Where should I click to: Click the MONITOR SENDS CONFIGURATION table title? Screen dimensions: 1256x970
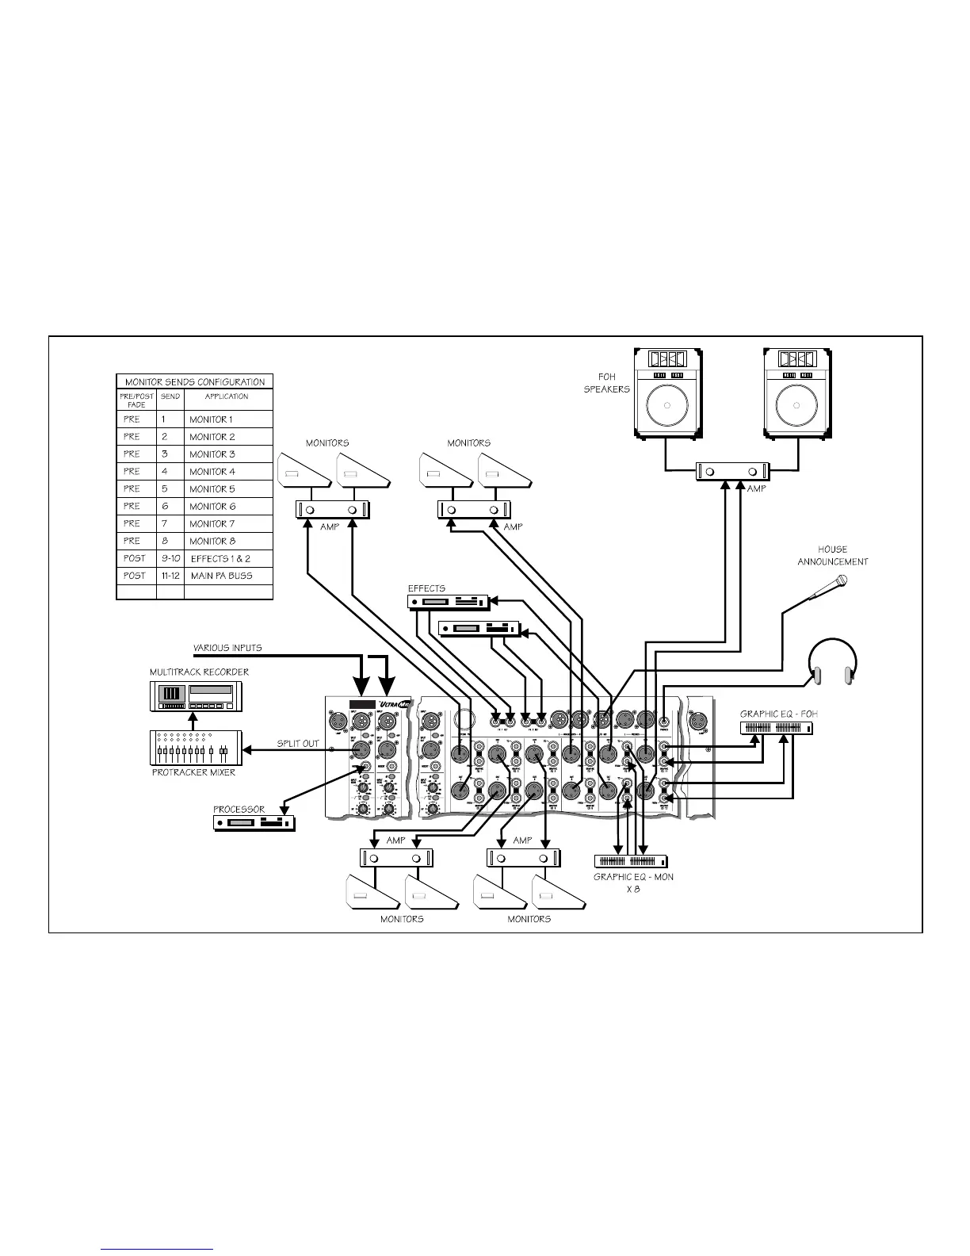[195, 382]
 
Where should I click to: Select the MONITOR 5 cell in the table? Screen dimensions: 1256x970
[212, 489]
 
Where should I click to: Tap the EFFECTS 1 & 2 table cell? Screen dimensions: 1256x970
[220, 559]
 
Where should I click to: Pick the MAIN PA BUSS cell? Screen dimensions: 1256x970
[221, 576]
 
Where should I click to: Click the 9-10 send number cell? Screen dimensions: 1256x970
[170, 559]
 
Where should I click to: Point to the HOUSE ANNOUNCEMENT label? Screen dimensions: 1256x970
[832, 555]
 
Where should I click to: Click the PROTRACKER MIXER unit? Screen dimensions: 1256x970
[193, 749]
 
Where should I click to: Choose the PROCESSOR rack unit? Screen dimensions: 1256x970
[254, 823]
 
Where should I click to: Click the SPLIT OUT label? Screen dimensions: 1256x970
[297, 744]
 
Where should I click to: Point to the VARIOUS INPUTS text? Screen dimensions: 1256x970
[227, 648]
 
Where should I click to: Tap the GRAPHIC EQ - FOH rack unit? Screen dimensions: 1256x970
[777, 728]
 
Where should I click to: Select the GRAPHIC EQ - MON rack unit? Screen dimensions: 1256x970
[632, 861]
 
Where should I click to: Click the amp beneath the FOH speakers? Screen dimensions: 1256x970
[732, 471]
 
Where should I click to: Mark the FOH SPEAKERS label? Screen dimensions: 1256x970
[607, 383]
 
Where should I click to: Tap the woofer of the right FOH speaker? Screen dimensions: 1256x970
[797, 407]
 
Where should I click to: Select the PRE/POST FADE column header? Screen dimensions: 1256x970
[136, 400]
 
